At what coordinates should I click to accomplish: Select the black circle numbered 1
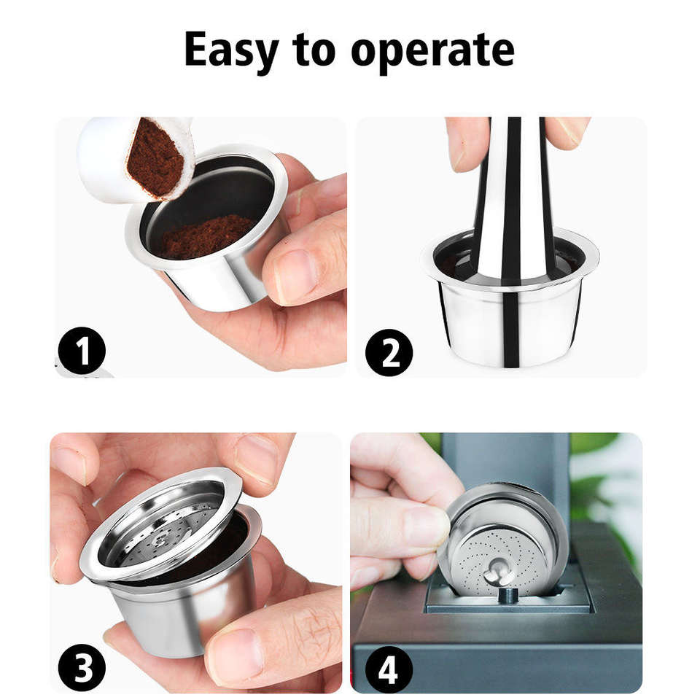(82, 351)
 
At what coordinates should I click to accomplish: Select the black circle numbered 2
(389, 352)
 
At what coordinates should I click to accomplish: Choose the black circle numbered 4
(389, 669)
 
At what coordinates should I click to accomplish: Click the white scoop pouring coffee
(134, 158)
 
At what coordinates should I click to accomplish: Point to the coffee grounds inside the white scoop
(155, 157)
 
